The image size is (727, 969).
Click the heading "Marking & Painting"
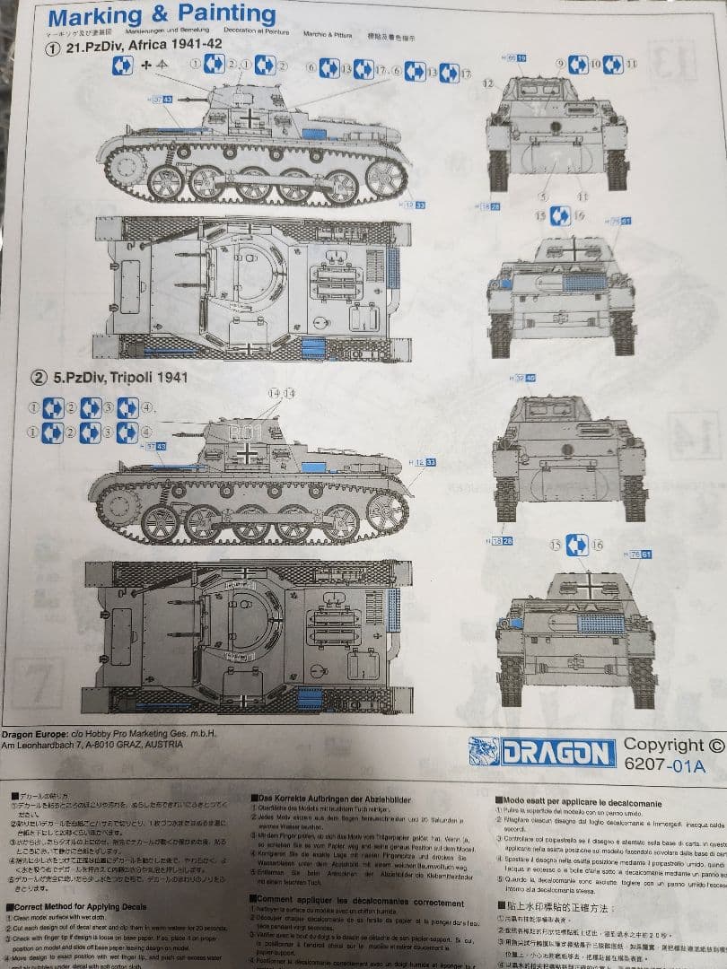point(162,15)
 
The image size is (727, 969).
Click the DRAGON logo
point(542,751)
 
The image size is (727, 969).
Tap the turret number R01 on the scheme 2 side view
point(243,432)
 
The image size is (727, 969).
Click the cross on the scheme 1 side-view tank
point(246,118)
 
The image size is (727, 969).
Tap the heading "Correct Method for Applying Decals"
point(80,905)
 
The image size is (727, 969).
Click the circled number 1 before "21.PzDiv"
point(54,48)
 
